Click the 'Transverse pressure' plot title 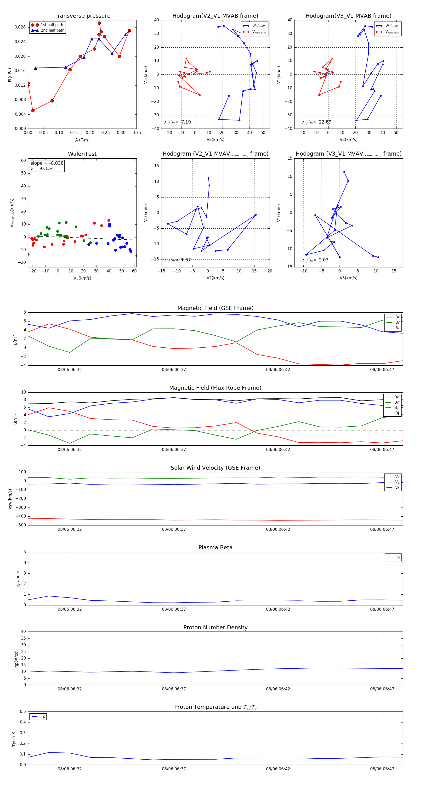click(x=82, y=16)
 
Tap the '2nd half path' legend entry click(x=52, y=30)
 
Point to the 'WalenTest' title click(x=82, y=154)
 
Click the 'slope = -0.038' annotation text click(x=47, y=163)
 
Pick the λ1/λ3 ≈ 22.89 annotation click(x=317, y=122)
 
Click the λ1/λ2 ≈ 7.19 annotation click(x=177, y=122)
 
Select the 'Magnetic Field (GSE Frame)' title click(x=215, y=308)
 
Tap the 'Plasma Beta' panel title click(x=215, y=548)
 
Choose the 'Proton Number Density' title click(x=215, y=627)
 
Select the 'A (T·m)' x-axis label click(x=82, y=140)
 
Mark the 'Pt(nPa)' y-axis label click(x=10, y=75)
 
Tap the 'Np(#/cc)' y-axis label click(x=16, y=659)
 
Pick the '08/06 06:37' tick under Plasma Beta click(x=174, y=609)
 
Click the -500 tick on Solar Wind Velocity click(x=20, y=525)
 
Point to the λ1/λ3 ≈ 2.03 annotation click(x=315, y=260)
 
